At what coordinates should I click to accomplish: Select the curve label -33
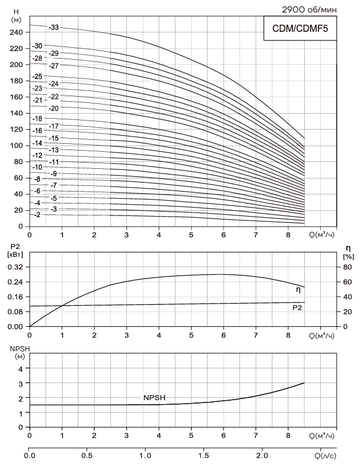tap(54, 27)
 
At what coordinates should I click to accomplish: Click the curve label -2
tap(37, 215)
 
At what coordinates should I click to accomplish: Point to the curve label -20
tap(54, 108)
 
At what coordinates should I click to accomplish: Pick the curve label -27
tap(54, 66)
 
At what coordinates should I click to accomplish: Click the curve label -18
tap(38, 119)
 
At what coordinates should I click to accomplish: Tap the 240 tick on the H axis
tap(16, 32)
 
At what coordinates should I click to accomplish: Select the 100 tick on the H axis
tap(16, 146)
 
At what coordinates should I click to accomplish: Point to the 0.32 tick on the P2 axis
tap(15, 267)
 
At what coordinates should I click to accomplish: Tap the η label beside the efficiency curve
tap(298, 290)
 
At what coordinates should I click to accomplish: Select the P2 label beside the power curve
tap(297, 307)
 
